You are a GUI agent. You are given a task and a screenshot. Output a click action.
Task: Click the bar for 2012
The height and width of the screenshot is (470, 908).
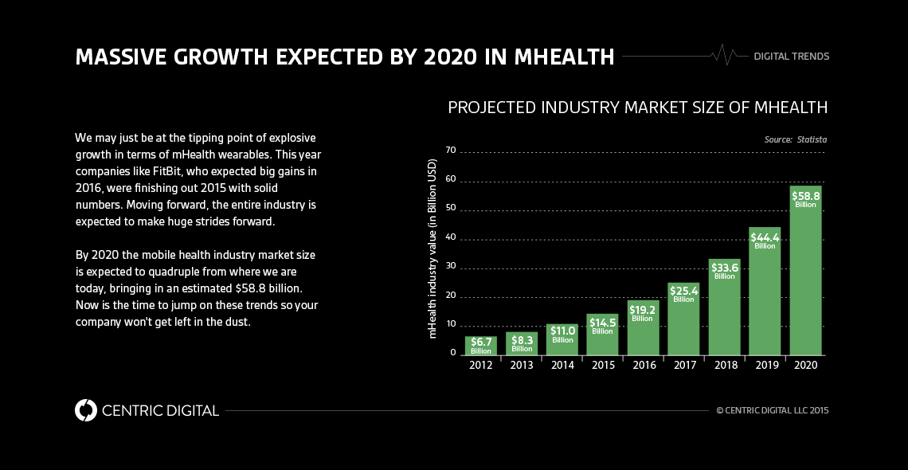tap(481, 346)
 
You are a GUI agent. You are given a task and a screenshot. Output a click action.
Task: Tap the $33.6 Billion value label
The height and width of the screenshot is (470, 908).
tap(724, 271)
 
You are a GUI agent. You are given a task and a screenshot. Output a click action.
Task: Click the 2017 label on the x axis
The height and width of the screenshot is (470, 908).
tap(683, 365)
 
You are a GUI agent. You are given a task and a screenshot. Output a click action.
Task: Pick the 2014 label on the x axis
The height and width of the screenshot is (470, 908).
tap(562, 365)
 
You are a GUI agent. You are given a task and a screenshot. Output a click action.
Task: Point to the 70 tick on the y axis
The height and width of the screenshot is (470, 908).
tap(451, 150)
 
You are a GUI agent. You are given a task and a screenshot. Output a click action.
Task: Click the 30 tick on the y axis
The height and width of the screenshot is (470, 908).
tap(451, 266)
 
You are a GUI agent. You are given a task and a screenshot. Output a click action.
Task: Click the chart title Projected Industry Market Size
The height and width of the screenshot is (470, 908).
tap(637, 108)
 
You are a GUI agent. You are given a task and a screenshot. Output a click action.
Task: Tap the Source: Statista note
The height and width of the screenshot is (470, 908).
tap(795, 139)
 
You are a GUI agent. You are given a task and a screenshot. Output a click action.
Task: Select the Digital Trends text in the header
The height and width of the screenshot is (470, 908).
tap(791, 57)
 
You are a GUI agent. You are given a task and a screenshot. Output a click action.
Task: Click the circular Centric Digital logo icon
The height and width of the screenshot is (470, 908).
tap(85, 410)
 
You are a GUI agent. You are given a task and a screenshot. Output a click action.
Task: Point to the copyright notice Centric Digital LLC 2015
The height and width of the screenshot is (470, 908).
tap(773, 411)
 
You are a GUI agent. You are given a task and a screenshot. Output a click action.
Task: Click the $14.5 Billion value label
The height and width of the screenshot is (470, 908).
tap(602, 326)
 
